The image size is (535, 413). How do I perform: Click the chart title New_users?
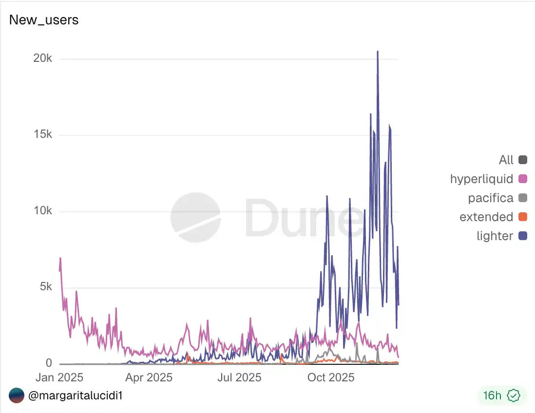(44, 20)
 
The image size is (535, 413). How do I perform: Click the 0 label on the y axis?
(49, 363)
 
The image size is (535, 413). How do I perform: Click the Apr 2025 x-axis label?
(150, 377)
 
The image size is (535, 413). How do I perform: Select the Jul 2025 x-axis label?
(239, 377)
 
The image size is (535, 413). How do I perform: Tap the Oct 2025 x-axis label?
(331, 377)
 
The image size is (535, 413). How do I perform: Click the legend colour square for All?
(523, 160)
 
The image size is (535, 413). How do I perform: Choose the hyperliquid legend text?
(481, 179)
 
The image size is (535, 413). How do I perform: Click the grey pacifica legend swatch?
(523, 198)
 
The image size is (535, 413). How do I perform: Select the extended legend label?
(486, 217)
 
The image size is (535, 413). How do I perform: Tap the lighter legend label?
(495, 236)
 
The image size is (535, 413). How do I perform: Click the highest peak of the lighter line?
(378, 51)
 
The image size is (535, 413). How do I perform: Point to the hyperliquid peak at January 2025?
(60, 258)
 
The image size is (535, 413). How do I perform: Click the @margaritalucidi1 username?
(75, 395)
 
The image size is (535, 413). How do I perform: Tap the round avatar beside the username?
(16, 395)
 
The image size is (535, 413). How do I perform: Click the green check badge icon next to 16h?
(514, 395)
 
